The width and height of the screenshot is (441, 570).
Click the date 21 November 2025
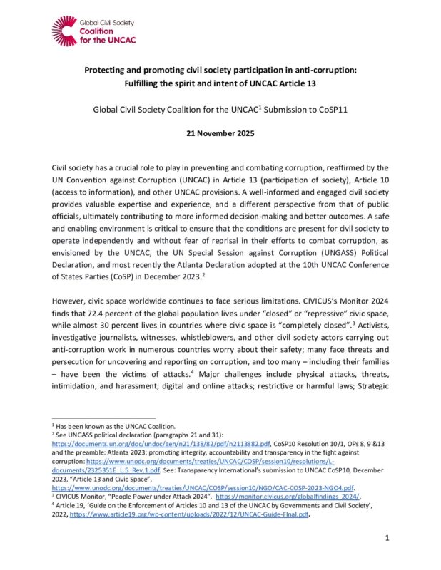[220, 132]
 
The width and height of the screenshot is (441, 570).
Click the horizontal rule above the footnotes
[103, 418]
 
